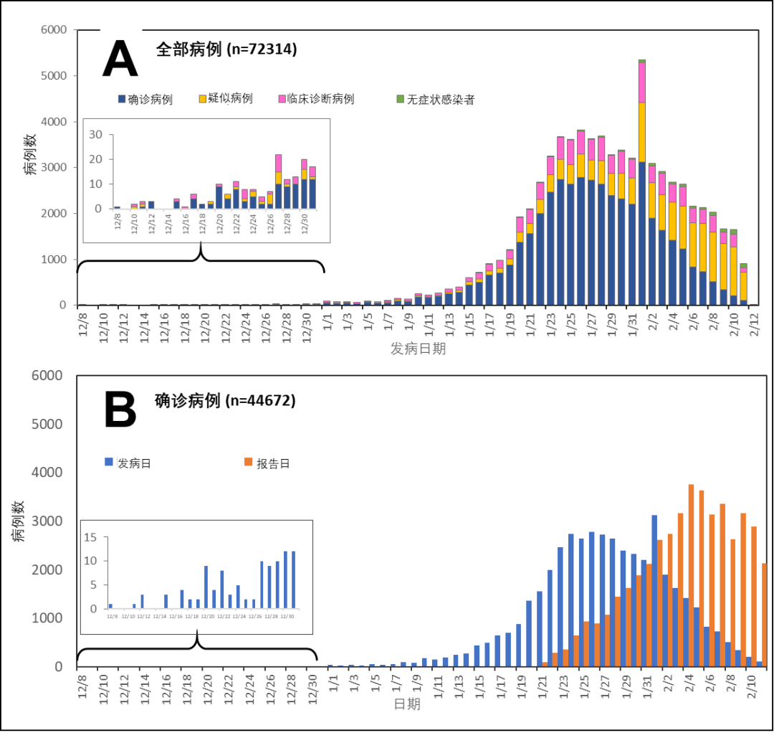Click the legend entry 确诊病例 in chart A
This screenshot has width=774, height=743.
pyautogui.click(x=150, y=100)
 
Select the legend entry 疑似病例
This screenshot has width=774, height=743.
pyautogui.click(x=230, y=98)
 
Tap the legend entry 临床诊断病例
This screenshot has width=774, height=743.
pyautogui.click(x=320, y=99)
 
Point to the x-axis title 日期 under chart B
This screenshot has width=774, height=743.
pyautogui.click(x=407, y=704)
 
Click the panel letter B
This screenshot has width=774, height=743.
pyautogui.click(x=120, y=411)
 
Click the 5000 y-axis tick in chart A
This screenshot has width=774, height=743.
pyautogui.click(x=54, y=76)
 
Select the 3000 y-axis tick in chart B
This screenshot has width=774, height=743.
pyautogui.click(x=49, y=521)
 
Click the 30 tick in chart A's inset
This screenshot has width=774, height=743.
pyautogui.click(x=96, y=135)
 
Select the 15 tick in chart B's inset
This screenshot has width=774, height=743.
pyautogui.click(x=90, y=537)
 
